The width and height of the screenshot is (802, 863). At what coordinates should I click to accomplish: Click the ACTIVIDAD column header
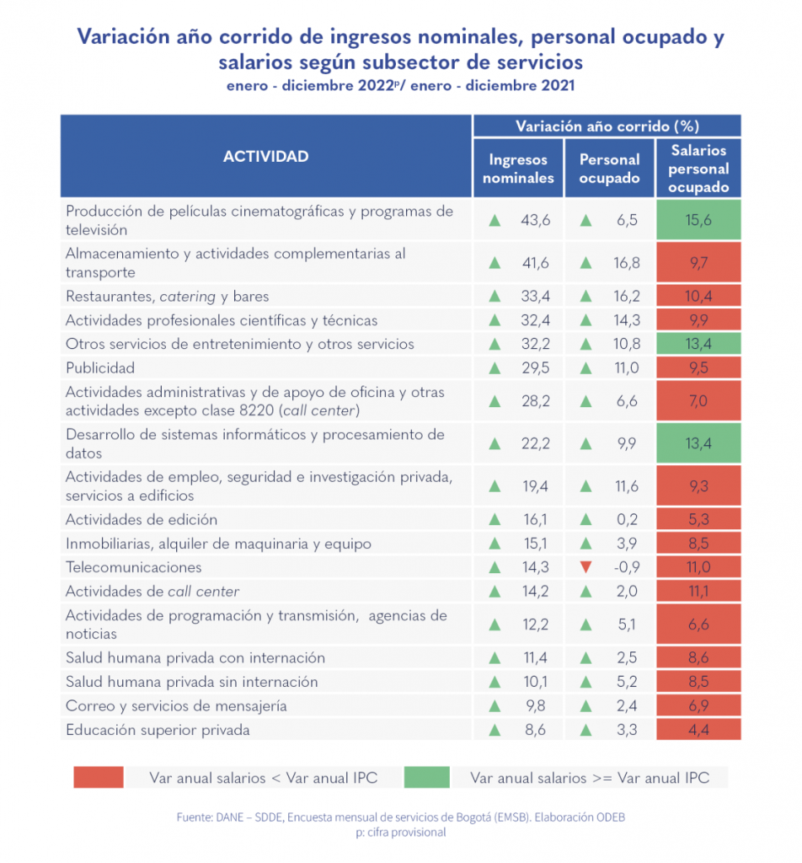(265, 157)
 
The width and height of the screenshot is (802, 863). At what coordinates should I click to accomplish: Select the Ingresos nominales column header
(518, 169)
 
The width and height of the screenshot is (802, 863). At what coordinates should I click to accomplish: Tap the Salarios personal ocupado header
(698, 169)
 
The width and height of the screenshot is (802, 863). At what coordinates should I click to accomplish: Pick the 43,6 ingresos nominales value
(535, 221)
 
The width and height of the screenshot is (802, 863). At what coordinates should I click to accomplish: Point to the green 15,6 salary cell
(698, 221)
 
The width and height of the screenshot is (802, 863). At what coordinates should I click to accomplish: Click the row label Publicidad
(100, 368)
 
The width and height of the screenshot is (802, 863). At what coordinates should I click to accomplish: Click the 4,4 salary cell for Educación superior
(698, 730)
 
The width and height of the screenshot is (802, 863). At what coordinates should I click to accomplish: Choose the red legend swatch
(99, 777)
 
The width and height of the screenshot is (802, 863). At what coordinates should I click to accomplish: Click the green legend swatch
(426, 777)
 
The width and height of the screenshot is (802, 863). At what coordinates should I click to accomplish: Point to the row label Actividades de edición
(142, 520)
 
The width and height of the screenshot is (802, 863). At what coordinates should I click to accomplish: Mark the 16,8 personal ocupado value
(626, 263)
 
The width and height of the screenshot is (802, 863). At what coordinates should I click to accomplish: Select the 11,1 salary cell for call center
(698, 592)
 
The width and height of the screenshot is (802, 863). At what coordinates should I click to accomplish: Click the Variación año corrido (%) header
(607, 126)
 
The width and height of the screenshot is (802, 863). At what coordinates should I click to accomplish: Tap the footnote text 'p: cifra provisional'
(401, 833)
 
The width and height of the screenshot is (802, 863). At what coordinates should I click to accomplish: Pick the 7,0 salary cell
(698, 401)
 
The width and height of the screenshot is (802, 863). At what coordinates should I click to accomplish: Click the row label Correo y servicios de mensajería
(176, 706)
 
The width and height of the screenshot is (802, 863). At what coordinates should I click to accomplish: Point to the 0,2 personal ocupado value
(627, 520)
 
